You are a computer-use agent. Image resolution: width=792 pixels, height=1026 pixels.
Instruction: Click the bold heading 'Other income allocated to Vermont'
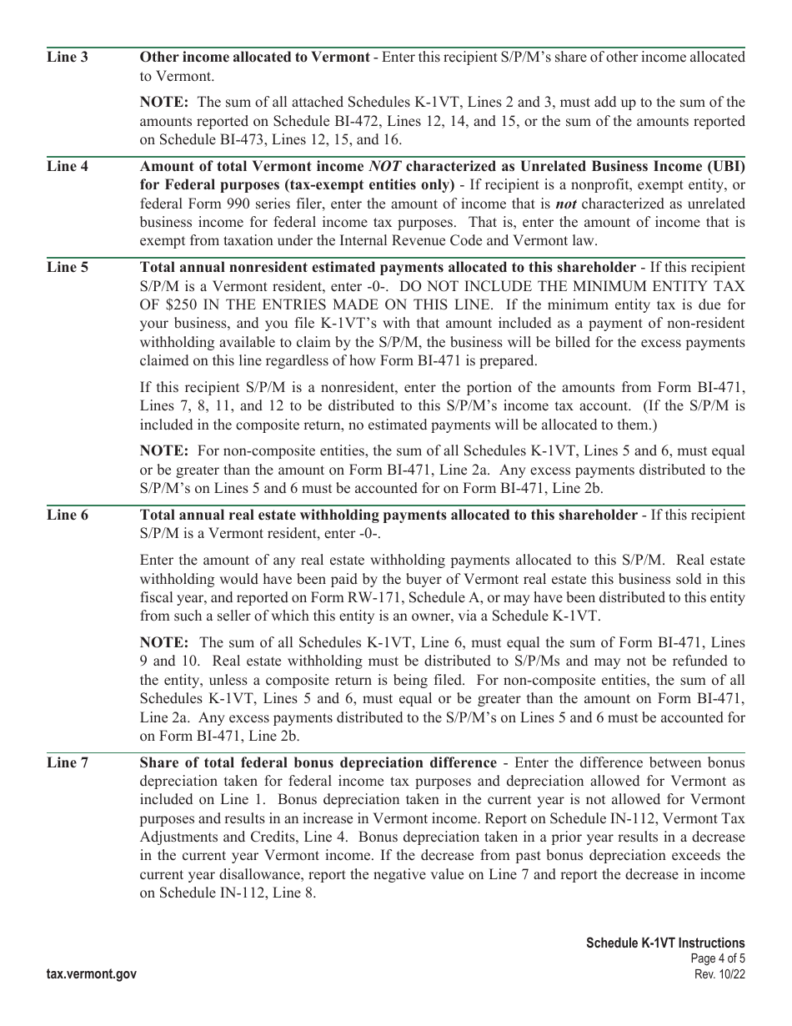[254, 58]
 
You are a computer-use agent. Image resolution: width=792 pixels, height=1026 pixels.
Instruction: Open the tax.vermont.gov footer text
[93, 973]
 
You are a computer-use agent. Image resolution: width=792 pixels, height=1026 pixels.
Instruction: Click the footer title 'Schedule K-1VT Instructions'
[665, 943]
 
